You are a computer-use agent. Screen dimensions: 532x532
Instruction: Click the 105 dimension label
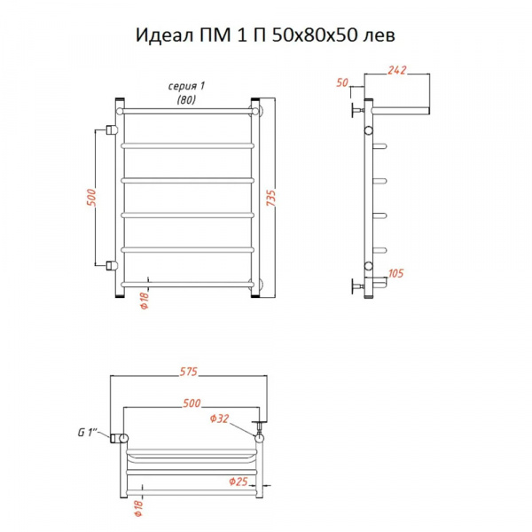[x=396, y=274]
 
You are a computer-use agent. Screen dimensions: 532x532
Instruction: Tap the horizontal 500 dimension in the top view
[x=192, y=403]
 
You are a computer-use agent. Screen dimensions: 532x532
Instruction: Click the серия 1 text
[x=186, y=85]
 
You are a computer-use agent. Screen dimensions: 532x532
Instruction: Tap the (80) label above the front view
[x=185, y=99]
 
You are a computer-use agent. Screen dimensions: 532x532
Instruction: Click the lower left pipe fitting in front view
[x=111, y=265]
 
